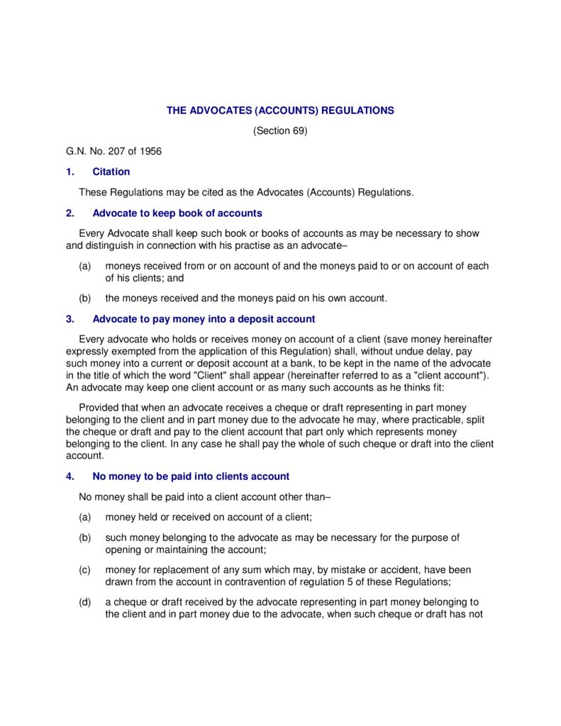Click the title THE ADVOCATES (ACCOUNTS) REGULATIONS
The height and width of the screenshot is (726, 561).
point(280,111)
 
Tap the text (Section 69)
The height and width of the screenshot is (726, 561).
point(280,131)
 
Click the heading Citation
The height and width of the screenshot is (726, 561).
point(111,172)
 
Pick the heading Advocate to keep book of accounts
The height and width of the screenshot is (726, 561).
point(177,213)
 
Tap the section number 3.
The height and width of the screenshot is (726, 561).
point(69,319)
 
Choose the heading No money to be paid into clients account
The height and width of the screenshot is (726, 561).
point(191,476)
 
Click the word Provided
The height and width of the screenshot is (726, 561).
point(100,407)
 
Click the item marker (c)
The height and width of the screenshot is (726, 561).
point(85,570)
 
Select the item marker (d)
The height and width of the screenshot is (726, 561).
point(85,603)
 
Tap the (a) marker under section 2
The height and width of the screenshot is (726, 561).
point(85,266)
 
